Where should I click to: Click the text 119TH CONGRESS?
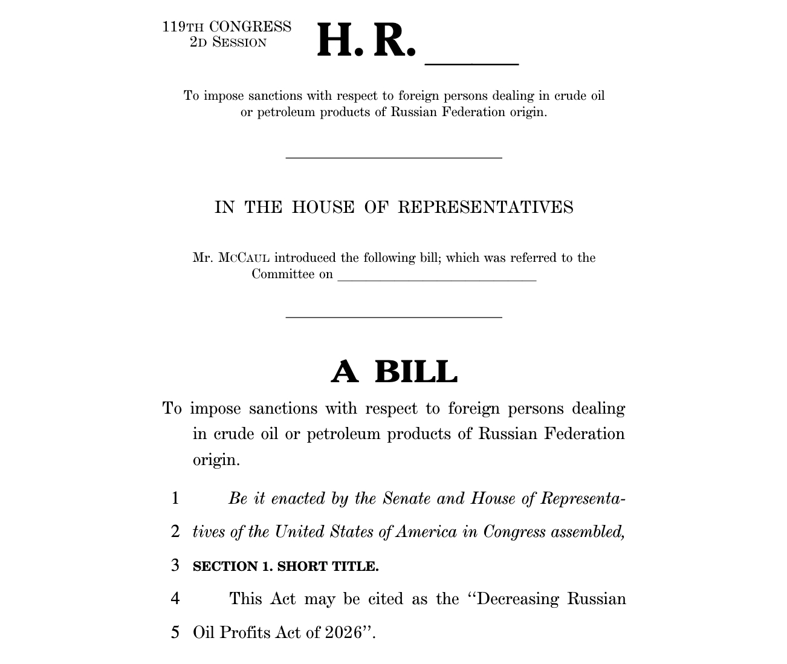227,27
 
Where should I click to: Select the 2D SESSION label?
228,42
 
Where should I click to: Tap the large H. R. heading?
366,41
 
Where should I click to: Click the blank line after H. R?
472,62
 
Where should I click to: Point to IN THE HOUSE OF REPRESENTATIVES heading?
393,207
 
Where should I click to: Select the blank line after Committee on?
436,280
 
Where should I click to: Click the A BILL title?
394,371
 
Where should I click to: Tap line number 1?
175,498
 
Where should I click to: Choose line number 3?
175,565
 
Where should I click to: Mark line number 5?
175,632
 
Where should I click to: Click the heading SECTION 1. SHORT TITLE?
285,567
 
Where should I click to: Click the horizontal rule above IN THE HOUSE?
393,158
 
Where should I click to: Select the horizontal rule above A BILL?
393,317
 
